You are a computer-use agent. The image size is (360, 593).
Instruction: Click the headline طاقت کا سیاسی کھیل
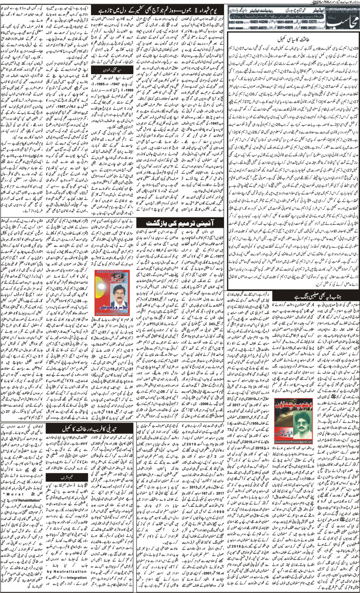293,39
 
